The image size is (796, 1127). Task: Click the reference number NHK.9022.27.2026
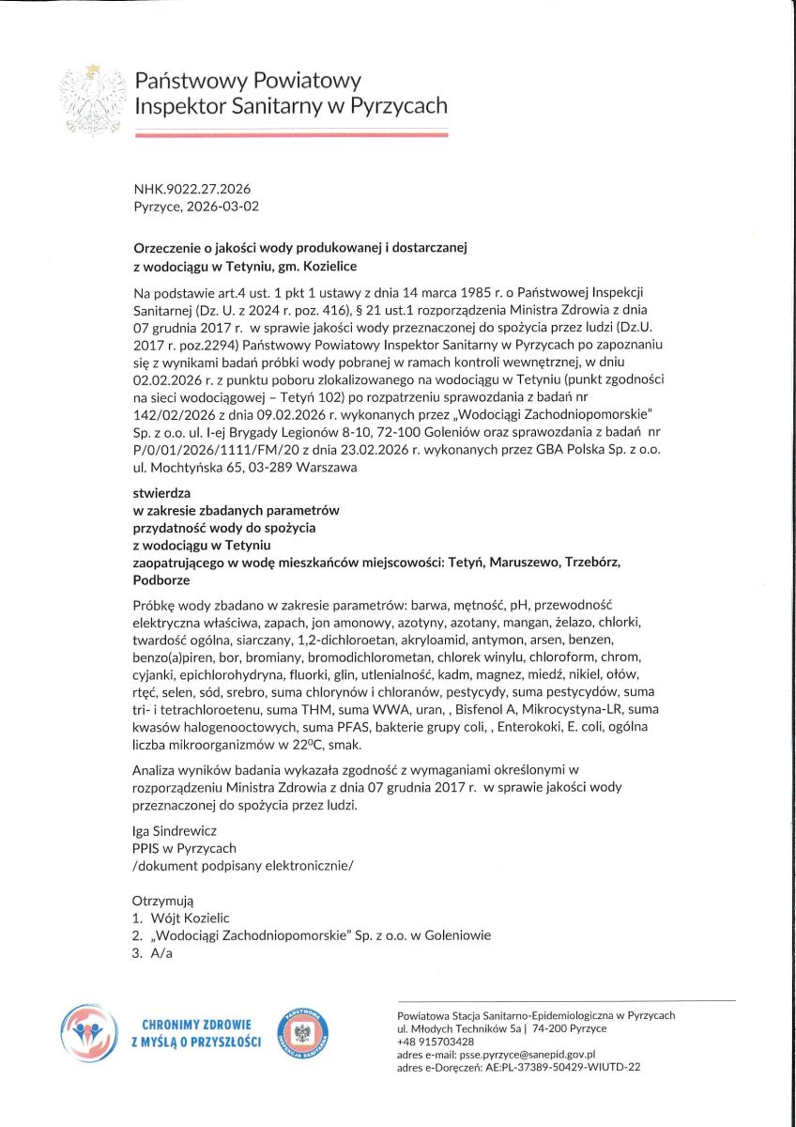point(192,189)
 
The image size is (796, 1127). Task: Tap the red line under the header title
point(291,135)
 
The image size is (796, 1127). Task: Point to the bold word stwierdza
point(162,493)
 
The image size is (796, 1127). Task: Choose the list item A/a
point(161,953)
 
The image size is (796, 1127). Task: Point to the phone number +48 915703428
point(436,1042)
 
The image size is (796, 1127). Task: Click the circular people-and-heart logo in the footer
point(89,1033)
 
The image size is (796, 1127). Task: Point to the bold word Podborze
point(162,579)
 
